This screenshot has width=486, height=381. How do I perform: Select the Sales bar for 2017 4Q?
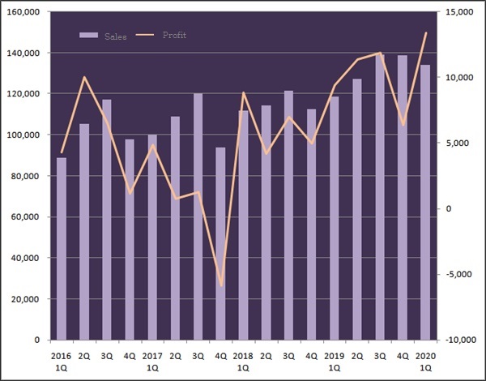220,243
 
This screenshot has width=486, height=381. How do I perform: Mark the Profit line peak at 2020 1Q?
426,32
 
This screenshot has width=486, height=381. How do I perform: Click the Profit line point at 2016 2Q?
84,77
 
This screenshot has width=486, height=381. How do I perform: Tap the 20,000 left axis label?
28,299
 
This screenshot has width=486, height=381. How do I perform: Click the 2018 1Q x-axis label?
243,361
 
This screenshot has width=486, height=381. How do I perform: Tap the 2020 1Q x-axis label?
425,361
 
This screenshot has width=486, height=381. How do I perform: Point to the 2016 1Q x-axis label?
62,361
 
